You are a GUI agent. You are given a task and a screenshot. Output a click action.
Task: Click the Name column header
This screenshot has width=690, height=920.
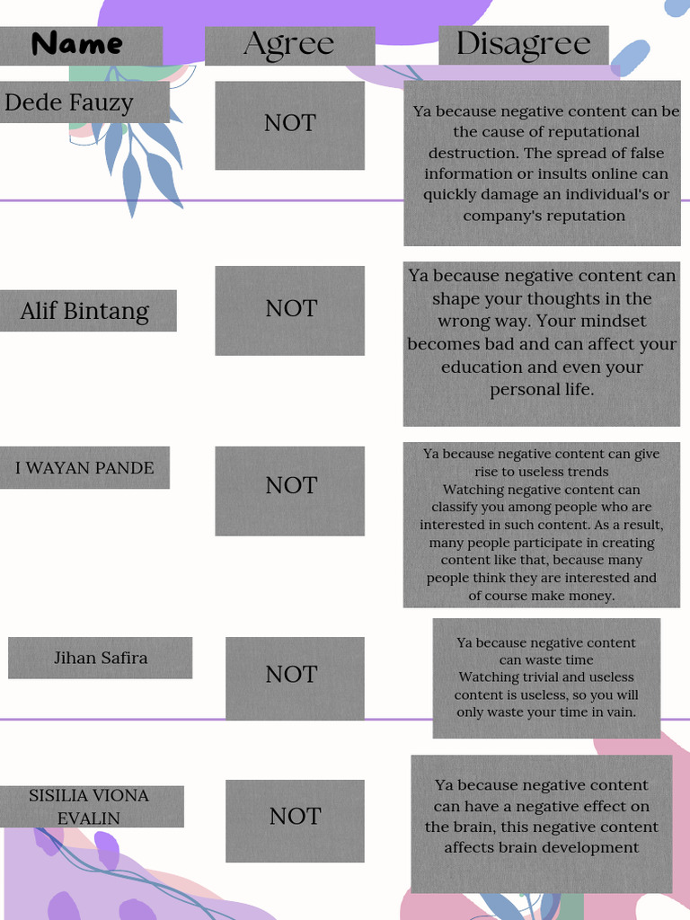pos(77,44)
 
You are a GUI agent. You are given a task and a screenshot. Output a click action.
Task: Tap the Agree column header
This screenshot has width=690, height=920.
pos(289,44)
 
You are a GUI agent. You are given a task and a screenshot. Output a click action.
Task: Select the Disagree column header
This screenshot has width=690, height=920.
pos(524,44)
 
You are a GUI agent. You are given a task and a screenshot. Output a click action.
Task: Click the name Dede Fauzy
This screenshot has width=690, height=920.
pos(69,102)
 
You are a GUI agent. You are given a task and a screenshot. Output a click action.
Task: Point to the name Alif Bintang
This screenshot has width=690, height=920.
pos(85,310)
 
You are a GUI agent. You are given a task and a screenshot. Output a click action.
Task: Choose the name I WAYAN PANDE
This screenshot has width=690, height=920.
pos(84,467)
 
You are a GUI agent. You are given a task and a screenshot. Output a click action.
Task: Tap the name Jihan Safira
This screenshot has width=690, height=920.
pos(101,658)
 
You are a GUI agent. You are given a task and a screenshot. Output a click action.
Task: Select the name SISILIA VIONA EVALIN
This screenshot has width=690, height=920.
pos(89,806)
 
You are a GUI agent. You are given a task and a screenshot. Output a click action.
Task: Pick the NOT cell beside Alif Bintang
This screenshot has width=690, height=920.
pos(291,309)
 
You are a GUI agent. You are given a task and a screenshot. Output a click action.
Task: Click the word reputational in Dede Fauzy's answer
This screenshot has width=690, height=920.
pos(593,133)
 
